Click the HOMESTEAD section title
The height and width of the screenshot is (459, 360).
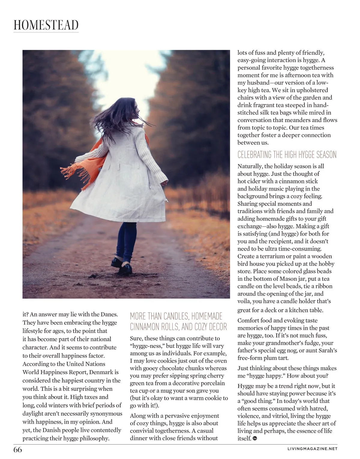pos(46,25)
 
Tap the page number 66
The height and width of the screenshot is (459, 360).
pos(18,450)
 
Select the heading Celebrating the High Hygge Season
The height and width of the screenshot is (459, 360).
pos(287,155)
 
